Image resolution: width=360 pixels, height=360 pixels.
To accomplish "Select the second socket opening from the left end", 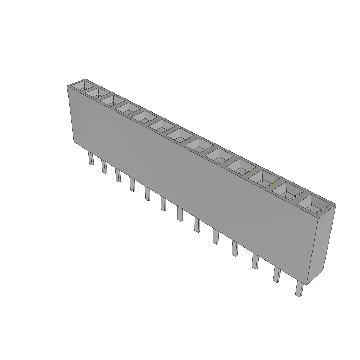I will (97, 93).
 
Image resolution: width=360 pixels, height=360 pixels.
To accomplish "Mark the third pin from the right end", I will (255, 262).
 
